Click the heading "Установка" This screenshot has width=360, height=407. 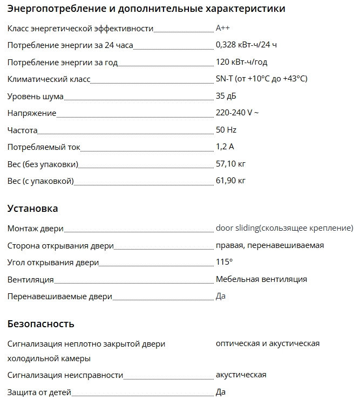[x=32, y=209]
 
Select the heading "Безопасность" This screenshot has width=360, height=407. [x=41, y=324]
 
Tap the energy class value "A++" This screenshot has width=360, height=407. [x=223, y=28]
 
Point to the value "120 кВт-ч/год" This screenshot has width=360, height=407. [x=241, y=62]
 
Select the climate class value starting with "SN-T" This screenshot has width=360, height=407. [x=261, y=79]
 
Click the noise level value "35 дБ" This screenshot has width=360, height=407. [x=226, y=96]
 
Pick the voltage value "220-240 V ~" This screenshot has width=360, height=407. [x=237, y=113]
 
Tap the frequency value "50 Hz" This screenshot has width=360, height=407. [x=226, y=130]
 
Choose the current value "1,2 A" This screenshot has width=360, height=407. [x=225, y=147]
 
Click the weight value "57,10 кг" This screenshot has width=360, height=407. [x=230, y=163]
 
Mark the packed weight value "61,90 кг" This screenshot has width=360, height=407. [x=230, y=181]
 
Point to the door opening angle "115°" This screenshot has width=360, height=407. [x=224, y=263]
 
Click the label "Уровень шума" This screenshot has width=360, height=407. [x=36, y=96]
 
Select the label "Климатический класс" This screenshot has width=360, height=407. [x=49, y=79]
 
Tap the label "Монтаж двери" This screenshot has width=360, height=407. [x=35, y=229]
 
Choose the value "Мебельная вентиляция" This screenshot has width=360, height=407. [x=261, y=279]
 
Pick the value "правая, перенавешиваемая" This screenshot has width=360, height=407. [x=269, y=245]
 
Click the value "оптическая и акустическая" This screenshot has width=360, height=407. [x=267, y=343]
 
